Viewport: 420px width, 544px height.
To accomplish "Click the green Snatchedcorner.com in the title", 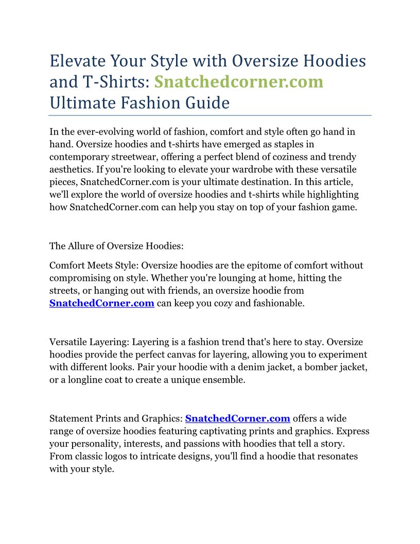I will (x=239, y=82).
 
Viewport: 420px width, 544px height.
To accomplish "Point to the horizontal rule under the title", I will (x=210, y=115).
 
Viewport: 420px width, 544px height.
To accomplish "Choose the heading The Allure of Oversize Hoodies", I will (x=116, y=246).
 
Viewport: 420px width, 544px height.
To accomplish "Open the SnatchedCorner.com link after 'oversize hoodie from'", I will (x=102, y=303).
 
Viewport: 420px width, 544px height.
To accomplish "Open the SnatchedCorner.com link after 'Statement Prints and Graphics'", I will (x=237, y=418).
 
